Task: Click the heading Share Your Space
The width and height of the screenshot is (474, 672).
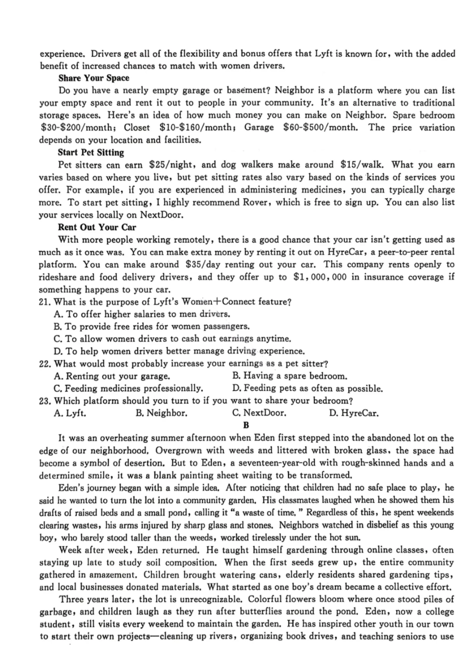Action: (x=93, y=78)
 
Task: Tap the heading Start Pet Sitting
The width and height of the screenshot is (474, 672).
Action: (x=91, y=152)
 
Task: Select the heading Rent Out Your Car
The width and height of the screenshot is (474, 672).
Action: (x=97, y=227)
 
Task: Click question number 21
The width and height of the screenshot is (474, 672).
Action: (x=45, y=302)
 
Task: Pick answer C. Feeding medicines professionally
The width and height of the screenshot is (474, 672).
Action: (x=128, y=388)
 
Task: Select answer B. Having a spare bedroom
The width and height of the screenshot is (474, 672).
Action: (x=289, y=376)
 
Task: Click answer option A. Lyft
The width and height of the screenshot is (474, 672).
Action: (x=69, y=413)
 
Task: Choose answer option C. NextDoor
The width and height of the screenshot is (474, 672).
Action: (x=259, y=413)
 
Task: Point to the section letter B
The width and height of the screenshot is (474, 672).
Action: (x=246, y=425)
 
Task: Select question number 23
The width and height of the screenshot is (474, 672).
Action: (x=45, y=401)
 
